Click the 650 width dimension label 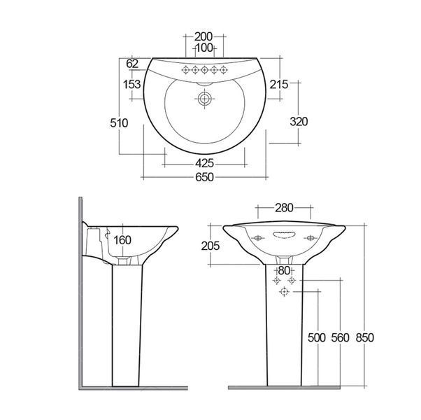pos(204,177)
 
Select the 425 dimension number pos(204,163)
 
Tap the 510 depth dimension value pos(119,123)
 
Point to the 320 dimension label pos(299,122)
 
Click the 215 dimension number pos(279,85)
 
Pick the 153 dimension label pos(131,85)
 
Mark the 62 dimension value pos(132,64)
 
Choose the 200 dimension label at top pos(204,36)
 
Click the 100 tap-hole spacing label pos(204,48)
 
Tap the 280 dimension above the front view pos(284,208)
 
